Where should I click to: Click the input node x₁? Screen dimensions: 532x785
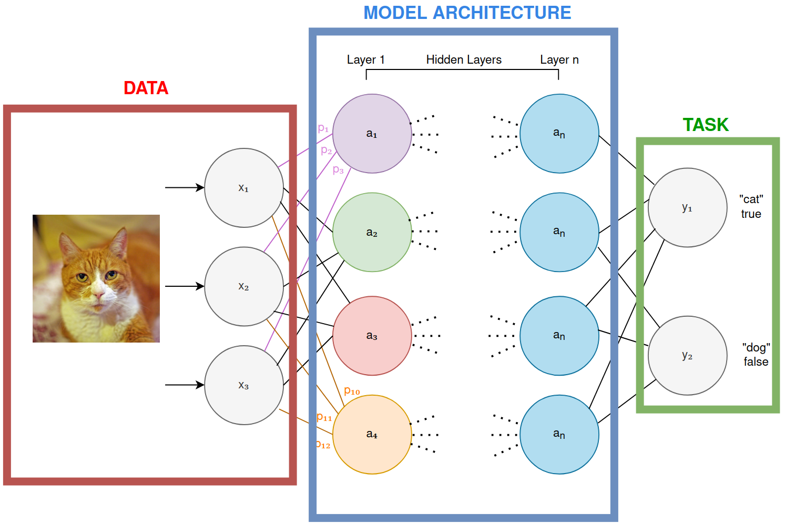click(243, 188)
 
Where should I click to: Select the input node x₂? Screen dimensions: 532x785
click(243, 286)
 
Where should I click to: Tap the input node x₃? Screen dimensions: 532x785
click(243, 385)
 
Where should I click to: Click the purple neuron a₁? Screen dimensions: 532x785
click(372, 134)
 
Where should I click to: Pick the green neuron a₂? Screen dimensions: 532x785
click(372, 232)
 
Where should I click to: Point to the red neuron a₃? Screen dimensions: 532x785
click(372, 336)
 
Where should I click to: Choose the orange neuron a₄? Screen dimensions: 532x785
click(372, 435)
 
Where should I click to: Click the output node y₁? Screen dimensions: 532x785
click(687, 207)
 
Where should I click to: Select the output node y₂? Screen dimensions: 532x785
click(687, 356)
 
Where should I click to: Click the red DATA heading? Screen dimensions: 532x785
click(146, 88)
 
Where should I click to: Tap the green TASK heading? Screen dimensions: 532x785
click(706, 125)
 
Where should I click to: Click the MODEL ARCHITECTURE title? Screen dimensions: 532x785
click(467, 13)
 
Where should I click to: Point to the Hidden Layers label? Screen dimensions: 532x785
click(464, 60)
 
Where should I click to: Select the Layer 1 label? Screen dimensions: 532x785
click(365, 60)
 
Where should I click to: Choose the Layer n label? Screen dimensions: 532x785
click(559, 60)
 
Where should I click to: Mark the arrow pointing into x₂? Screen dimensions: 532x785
click(184, 286)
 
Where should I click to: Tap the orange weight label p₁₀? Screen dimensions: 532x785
click(352, 391)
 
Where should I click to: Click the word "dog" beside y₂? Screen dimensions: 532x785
click(756, 347)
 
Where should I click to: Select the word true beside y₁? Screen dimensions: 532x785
click(751, 214)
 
